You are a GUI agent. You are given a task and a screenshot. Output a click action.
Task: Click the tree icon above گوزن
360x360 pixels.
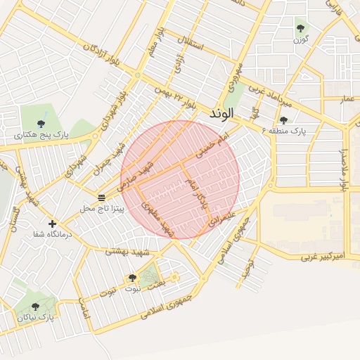[x=301, y=28]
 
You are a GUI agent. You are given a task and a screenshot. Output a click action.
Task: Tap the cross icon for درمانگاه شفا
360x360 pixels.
[x=52, y=224]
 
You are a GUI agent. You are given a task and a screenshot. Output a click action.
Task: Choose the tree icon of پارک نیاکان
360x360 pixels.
[x=35, y=307]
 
